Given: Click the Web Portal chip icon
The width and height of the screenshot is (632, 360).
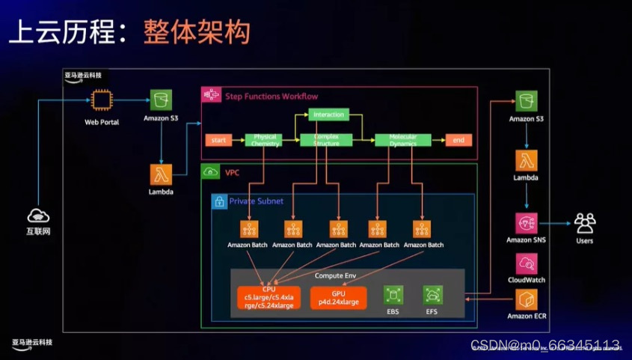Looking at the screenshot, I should click(x=102, y=100).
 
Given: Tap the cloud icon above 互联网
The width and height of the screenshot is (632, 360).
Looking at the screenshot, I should click(x=38, y=216).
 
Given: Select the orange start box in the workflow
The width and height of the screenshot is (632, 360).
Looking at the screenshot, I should click(x=218, y=140).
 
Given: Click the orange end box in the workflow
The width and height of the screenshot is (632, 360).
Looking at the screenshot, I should click(x=458, y=140).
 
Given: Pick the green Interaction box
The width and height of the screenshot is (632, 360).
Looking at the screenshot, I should click(x=329, y=115).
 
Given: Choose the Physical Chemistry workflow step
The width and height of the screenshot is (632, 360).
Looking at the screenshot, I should click(x=266, y=140).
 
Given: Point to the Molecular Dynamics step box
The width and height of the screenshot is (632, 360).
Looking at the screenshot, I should click(x=402, y=140).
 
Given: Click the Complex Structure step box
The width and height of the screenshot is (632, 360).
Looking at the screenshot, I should click(x=325, y=140).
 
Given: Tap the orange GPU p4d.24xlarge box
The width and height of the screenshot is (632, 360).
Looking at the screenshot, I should click(x=339, y=298).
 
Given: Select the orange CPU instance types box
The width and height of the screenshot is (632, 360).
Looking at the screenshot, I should click(x=269, y=298).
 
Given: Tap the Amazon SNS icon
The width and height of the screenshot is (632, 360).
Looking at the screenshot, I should click(x=527, y=223).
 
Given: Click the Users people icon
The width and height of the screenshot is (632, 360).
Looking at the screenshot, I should click(x=585, y=223).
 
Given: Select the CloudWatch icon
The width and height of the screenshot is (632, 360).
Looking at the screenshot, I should click(x=527, y=263).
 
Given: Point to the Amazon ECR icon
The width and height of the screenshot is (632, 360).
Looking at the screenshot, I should click(x=527, y=300).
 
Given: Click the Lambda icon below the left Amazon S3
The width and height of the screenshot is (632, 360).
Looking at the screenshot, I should click(x=160, y=175).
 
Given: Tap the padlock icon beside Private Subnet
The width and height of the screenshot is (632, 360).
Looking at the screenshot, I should click(x=219, y=201).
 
